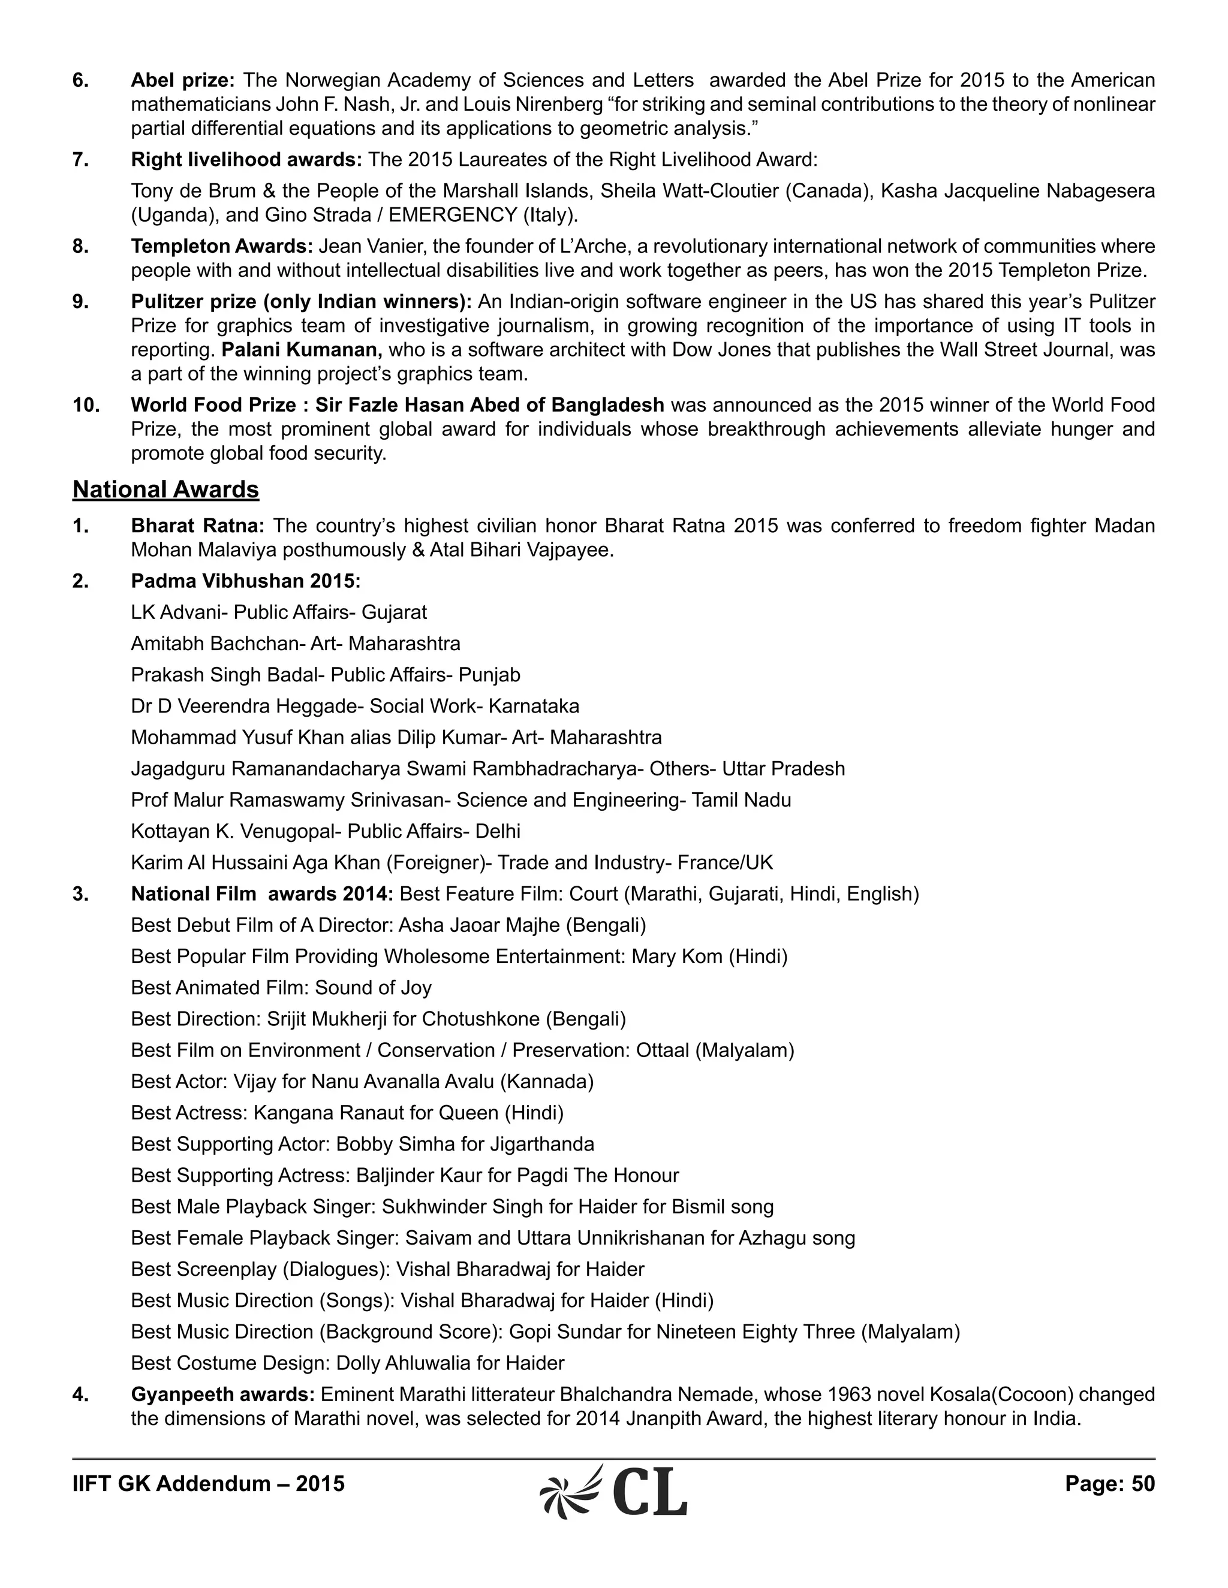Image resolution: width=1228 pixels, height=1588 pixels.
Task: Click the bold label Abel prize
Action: click(182, 80)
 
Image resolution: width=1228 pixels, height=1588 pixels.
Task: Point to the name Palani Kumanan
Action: click(301, 350)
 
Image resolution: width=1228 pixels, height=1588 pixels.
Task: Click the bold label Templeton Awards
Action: click(221, 246)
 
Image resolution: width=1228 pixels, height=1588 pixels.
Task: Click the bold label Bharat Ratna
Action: click(197, 526)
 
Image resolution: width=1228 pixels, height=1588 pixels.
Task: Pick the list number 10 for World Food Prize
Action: click(86, 405)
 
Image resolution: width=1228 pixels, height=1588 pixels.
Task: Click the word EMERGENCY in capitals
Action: click(453, 215)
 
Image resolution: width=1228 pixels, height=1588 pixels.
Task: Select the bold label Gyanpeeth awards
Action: click(222, 1394)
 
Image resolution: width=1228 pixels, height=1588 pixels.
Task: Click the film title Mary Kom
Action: click(676, 956)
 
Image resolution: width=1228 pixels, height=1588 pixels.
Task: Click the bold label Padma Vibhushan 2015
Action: click(245, 581)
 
